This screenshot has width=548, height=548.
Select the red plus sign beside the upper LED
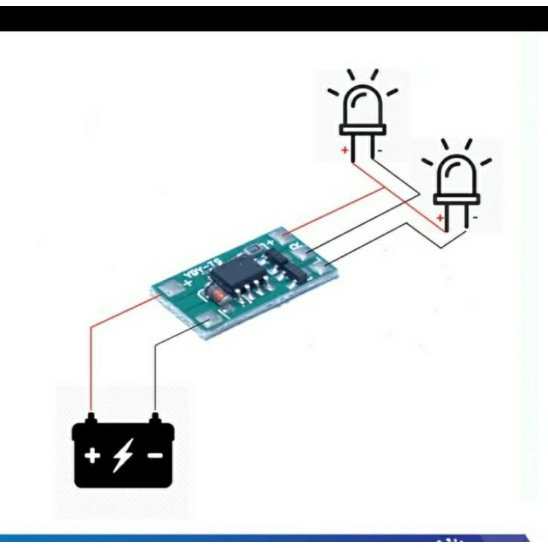346,149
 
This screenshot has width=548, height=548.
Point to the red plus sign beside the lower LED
439,217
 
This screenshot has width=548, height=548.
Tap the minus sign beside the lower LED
475,217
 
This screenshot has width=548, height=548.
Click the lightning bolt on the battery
123,455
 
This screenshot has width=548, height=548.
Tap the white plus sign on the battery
92,455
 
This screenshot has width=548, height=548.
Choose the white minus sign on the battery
155,455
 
